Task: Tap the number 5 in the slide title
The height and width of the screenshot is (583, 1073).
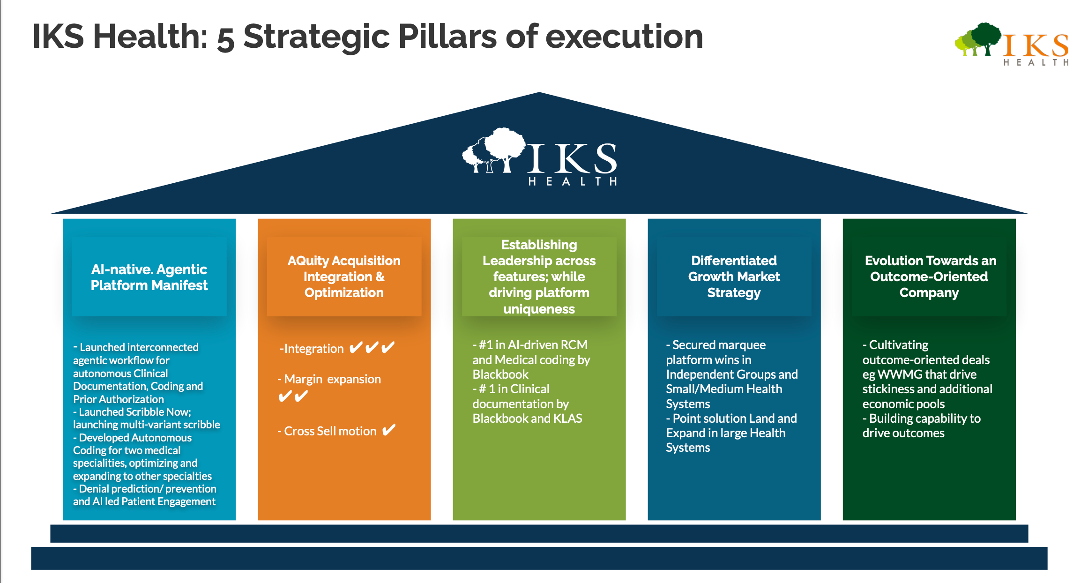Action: (225, 38)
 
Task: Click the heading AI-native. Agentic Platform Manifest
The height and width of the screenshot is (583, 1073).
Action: (149, 277)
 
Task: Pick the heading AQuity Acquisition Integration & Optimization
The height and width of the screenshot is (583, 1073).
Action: (344, 277)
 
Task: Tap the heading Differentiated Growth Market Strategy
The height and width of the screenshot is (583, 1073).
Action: (734, 277)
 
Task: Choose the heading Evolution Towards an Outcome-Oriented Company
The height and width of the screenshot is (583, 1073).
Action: (929, 277)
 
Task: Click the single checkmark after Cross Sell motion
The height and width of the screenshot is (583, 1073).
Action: (389, 430)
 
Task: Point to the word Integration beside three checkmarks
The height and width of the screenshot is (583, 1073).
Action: (314, 349)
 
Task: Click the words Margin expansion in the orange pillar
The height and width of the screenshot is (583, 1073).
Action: (333, 379)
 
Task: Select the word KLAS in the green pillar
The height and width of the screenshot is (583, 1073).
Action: (568, 419)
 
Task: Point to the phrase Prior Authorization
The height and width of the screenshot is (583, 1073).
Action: (119, 399)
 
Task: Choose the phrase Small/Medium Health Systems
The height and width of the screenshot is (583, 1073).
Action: (724, 396)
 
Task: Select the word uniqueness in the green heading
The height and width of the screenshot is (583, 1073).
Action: (539, 309)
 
